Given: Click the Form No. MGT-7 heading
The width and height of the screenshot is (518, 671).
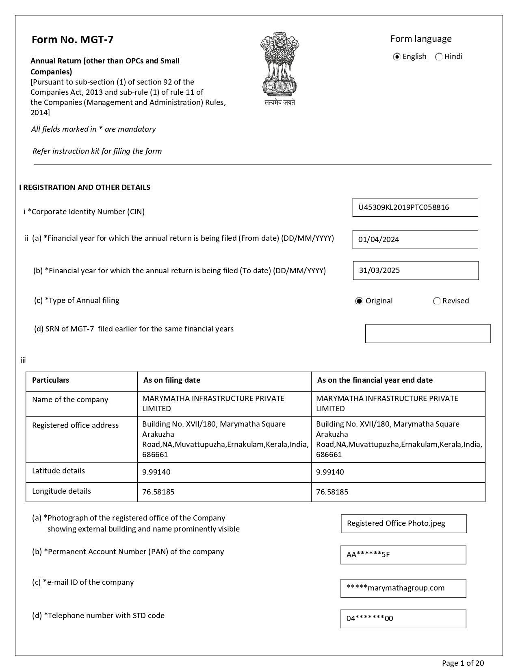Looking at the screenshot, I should [x=73, y=39].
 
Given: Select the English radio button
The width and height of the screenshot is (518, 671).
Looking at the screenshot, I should [x=397, y=57].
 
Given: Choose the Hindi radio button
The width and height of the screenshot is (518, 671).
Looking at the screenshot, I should [x=439, y=57].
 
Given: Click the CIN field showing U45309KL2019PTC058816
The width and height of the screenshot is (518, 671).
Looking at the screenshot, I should [x=415, y=207].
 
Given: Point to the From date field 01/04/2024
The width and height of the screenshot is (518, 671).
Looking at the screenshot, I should [x=415, y=240].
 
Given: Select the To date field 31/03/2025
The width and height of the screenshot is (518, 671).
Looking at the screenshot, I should [x=416, y=270].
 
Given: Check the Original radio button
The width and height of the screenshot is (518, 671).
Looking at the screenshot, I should [x=359, y=301].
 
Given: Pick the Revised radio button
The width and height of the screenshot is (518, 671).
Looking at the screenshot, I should [x=437, y=301].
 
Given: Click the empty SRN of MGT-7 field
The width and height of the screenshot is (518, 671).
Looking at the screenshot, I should [x=427, y=333].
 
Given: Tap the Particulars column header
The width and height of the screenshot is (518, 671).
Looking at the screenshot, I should [x=51, y=380].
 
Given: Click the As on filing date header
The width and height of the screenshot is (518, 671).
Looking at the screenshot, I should [x=172, y=380].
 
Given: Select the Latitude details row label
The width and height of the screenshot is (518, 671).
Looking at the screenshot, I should [x=59, y=471].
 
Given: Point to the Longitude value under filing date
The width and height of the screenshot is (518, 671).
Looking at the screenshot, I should [x=158, y=492].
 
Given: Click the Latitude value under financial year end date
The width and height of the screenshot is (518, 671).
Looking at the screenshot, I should [x=330, y=472].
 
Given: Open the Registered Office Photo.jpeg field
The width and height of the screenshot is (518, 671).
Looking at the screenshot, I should [x=403, y=523].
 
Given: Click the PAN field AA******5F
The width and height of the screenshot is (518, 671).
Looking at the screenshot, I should [x=403, y=555].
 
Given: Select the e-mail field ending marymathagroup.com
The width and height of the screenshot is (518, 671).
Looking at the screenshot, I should [x=403, y=588].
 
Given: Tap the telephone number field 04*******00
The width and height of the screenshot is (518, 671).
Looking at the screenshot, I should [x=403, y=619].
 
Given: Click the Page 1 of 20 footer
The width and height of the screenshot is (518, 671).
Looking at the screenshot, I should [x=463, y=663].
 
